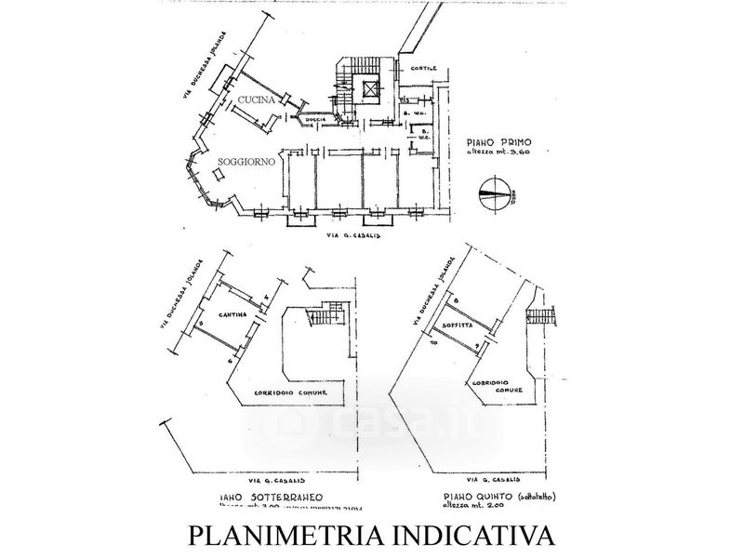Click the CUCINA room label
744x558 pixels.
coord(253,100)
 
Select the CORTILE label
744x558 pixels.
coord(418,73)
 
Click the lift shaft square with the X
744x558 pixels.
coord(372,91)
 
